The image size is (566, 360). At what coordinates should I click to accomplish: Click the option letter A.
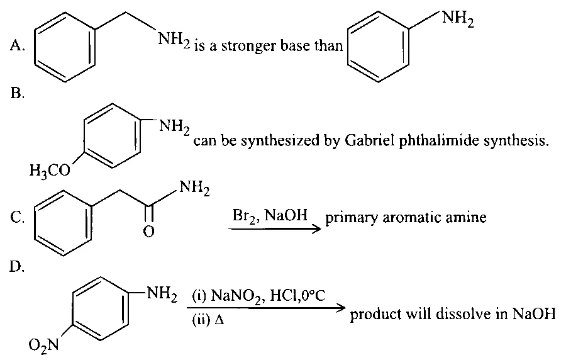click(17, 45)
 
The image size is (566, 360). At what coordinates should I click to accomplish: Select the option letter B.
click(17, 94)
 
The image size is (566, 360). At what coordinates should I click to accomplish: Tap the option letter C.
click(17, 218)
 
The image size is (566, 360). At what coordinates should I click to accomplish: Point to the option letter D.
click(17, 267)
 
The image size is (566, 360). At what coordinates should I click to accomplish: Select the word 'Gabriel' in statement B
click(370, 140)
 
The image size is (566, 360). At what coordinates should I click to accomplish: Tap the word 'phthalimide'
click(440, 141)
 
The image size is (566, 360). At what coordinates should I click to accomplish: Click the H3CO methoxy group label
click(50, 170)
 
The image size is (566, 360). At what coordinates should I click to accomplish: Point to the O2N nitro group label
click(44, 346)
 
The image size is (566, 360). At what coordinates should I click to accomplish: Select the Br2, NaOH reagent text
click(270, 216)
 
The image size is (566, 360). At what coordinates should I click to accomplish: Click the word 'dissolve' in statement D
click(463, 313)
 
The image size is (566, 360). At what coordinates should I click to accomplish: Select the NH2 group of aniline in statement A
click(457, 19)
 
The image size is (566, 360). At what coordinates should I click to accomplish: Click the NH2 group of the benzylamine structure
click(174, 39)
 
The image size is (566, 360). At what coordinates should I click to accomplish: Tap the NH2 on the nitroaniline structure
click(162, 295)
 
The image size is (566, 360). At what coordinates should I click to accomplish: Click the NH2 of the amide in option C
click(194, 188)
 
